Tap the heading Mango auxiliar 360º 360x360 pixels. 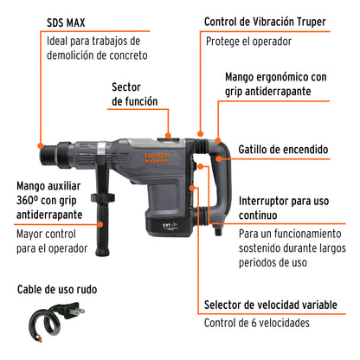point(52,200)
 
